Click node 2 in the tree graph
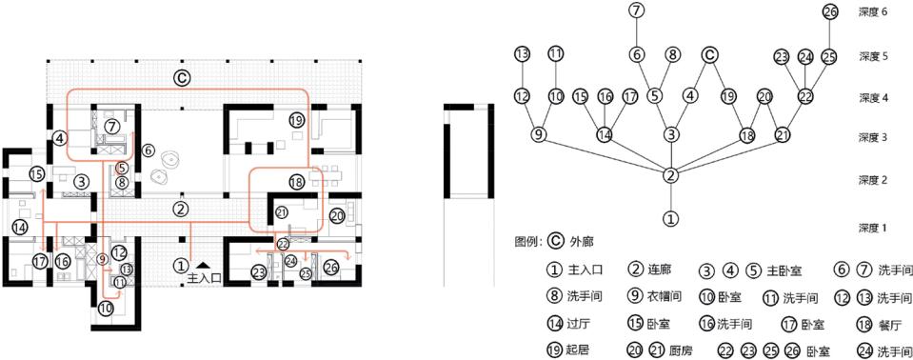[671, 175]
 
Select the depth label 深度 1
[872, 229]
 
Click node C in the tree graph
[708, 55]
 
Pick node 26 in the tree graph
[829, 11]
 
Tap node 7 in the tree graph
[637, 11]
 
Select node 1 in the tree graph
[671, 218]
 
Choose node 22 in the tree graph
[806, 96]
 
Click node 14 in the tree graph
[604, 135]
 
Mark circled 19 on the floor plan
[296, 120]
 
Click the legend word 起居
[577, 350]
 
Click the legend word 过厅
[577, 324]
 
